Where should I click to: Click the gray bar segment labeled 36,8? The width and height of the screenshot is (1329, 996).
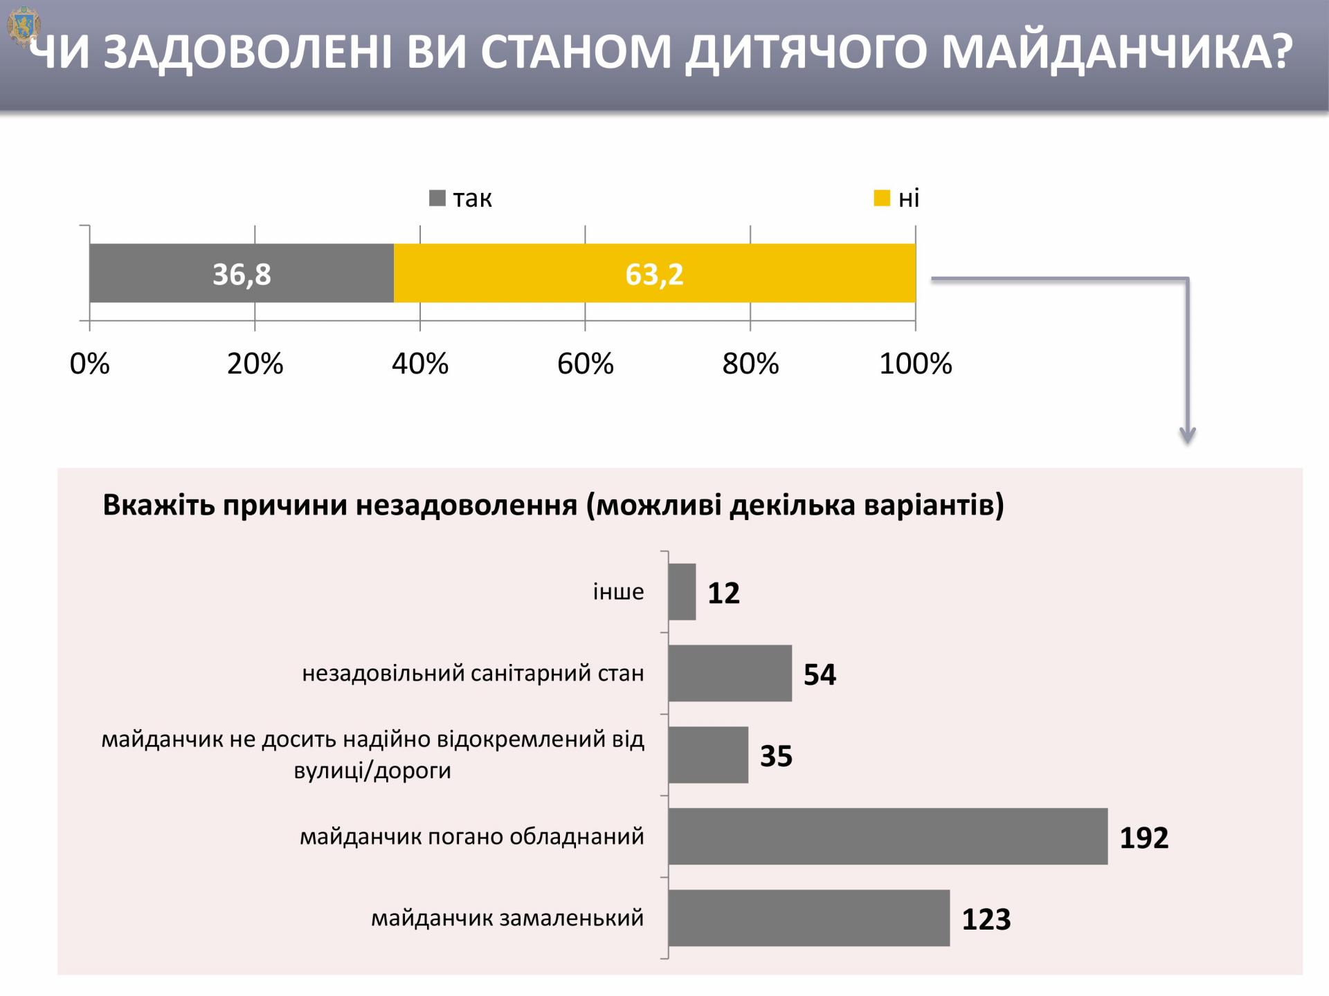click(x=241, y=273)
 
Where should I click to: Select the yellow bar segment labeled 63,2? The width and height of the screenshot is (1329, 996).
click(x=654, y=273)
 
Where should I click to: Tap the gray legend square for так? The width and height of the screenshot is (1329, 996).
click(x=437, y=199)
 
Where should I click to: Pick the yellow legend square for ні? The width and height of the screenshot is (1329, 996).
click(x=881, y=199)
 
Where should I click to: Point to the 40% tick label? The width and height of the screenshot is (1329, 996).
click(x=420, y=364)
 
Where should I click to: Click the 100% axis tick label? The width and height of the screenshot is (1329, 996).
click(x=915, y=364)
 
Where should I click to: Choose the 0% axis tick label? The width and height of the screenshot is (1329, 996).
click(x=90, y=364)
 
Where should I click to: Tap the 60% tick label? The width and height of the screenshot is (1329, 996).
click(x=586, y=364)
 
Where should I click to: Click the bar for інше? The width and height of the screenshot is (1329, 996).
click(x=682, y=592)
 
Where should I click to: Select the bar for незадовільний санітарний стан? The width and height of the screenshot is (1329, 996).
click(x=730, y=673)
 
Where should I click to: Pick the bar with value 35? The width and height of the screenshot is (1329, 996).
click(x=708, y=755)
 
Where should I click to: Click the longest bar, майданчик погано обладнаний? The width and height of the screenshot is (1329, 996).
click(x=887, y=836)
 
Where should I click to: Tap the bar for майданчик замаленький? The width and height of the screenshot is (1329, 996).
click(x=808, y=918)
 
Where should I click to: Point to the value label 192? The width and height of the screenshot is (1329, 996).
click(x=1143, y=838)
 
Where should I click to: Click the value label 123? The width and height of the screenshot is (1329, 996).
click(x=986, y=919)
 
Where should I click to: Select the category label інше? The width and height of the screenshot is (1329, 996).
click(x=618, y=592)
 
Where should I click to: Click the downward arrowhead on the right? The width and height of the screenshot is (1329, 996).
click(x=1188, y=436)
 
